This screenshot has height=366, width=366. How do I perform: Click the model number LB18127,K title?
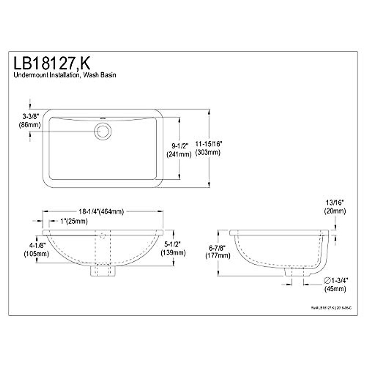51,63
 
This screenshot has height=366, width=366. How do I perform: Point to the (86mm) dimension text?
30,124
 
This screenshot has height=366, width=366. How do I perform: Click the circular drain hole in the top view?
102,131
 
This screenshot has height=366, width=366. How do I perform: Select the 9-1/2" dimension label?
179,145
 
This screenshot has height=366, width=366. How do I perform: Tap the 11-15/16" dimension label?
209,144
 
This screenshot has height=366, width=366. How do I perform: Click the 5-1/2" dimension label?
172,244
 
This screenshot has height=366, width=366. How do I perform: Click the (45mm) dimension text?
335,289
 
